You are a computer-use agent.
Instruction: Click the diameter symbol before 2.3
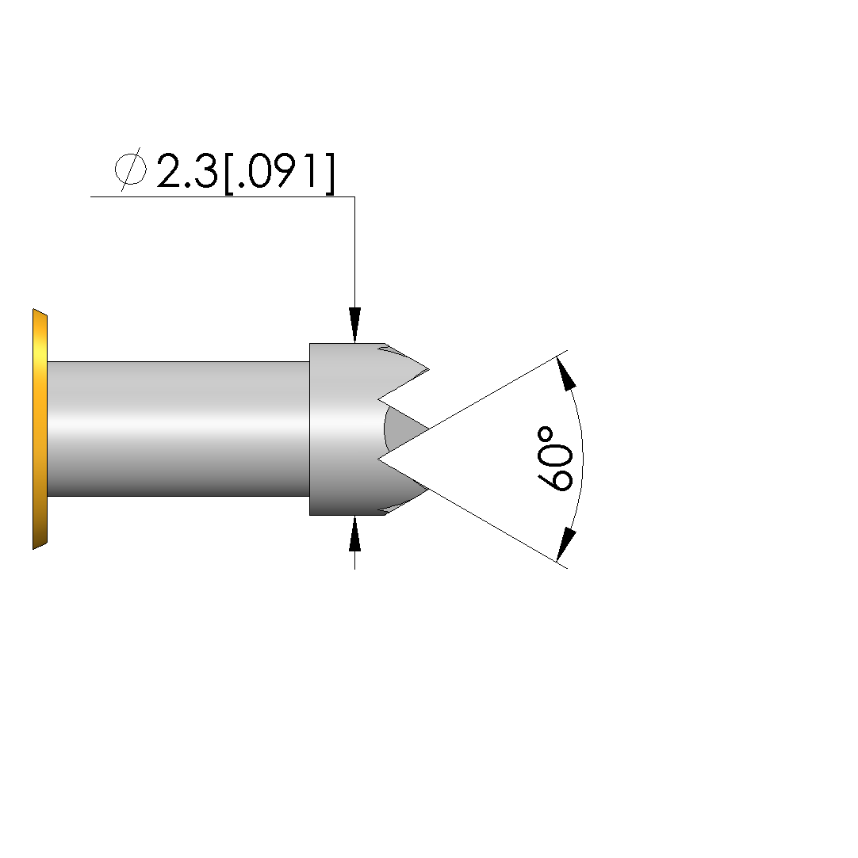click(x=131, y=169)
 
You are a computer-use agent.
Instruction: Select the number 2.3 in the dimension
click(x=187, y=171)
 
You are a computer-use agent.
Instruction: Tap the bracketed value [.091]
click(x=279, y=173)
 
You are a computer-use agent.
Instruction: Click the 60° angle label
click(x=555, y=459)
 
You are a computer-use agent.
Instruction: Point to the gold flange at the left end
click(x=40, y=429)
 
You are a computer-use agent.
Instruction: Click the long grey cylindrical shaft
click(x=178, y=429)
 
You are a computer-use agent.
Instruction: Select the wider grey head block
click(x=345, y=429)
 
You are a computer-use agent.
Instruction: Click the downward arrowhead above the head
click(x=354, y=325)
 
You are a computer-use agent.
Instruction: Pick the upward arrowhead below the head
click(x=354, y=533)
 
